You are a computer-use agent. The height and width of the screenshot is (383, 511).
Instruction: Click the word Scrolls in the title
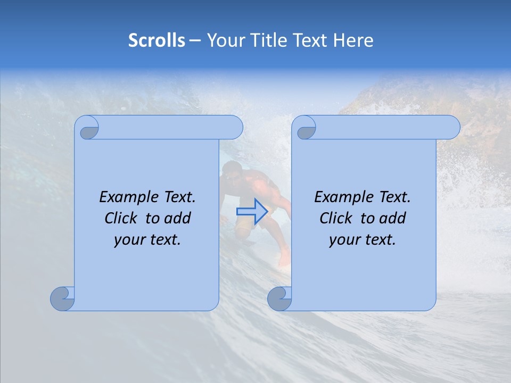click(x=156, y=40)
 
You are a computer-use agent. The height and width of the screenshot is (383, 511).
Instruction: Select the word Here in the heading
click(x=353, y=40)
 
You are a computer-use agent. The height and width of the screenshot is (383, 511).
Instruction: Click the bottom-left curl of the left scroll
click(x=63, y=298)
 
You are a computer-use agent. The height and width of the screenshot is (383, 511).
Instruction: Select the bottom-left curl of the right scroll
click(x=280, y=298)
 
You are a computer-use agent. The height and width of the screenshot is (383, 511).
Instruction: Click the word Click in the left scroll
click(x=121, y=218)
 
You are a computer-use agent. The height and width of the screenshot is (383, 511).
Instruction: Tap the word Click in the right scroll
click(x=336, y=218)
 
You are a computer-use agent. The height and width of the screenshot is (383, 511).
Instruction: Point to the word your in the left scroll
click(x=129, y=240)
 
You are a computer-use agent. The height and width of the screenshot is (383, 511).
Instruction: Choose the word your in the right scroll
click(x=344, y=240)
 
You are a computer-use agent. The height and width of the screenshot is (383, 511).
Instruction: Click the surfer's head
click(x=231, y=171)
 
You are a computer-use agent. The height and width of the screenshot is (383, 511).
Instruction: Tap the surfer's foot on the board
click(x=284, y=261)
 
